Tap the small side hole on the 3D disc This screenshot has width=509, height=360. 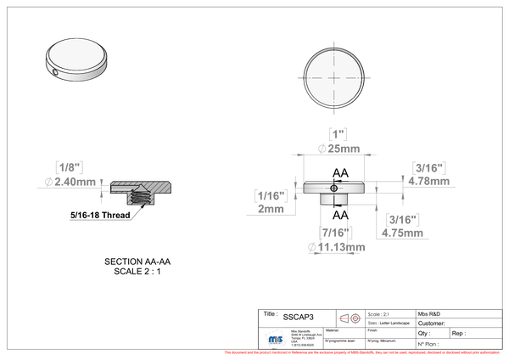coord(56,72)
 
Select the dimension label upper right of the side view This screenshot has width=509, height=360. coord(428,173)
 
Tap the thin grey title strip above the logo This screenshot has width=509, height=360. coord(356,309)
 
